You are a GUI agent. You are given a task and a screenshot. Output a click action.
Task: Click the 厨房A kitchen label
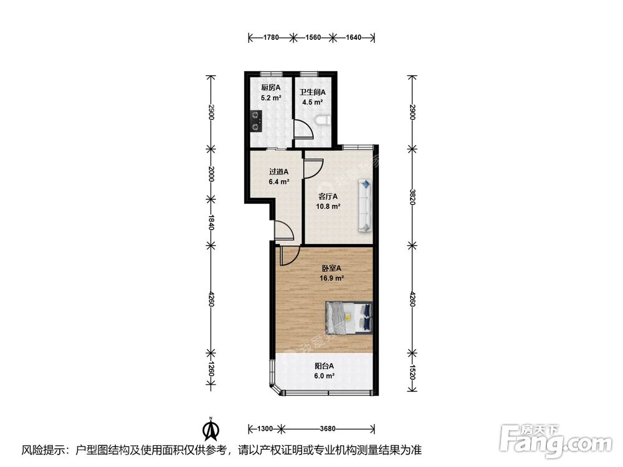click(270, 87)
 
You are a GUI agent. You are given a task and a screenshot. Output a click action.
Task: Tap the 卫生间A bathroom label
click(312, 92)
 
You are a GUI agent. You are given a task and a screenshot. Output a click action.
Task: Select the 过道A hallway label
click(278, 172)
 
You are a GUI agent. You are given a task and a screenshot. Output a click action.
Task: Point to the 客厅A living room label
click(328, 196)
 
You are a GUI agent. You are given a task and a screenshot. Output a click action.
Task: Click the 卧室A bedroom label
click(331, 268)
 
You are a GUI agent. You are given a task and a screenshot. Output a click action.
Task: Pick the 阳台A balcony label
click(324, 366)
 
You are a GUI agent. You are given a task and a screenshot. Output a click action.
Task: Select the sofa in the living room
click(365, 205)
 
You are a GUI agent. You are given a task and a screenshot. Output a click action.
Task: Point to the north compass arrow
click(212, 429)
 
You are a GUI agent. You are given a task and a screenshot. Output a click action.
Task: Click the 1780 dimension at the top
click(271, 37)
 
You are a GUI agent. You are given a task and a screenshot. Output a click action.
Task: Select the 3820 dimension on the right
click(412, 196)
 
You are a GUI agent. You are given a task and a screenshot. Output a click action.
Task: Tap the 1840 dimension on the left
click(212, 222)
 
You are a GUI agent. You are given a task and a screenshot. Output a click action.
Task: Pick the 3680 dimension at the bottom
click(328, 428)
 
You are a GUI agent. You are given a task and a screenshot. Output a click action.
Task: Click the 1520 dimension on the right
click(412, 372)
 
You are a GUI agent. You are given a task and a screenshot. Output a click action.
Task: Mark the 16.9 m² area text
click(331, 278)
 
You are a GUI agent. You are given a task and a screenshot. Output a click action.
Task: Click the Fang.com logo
click(556, 440)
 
